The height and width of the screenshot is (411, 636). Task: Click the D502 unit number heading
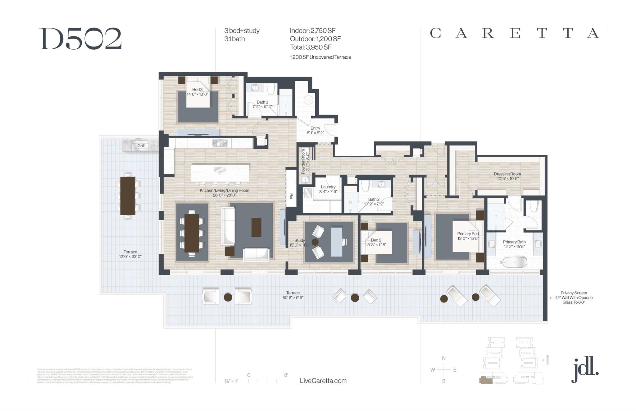(x=80, y=39)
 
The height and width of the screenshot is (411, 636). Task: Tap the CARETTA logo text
(x=514, y=33)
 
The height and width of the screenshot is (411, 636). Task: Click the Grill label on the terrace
(x=141, y=145)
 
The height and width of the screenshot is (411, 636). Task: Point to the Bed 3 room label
(x=197, y=90)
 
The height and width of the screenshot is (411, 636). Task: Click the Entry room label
(x=315, y=128)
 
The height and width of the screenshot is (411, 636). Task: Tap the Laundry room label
(x=328, y=187)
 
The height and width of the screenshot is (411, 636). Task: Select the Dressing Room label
(x=507, y=174)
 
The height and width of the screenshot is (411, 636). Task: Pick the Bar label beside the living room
(x=291, y=196)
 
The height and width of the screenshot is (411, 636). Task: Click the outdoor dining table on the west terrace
(x=128, y=196)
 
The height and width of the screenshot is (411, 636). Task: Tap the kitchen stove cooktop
(x=220, y=143)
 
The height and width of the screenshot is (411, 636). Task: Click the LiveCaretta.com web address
(x=323, y=381)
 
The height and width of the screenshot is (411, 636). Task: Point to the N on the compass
(x=444, y=358)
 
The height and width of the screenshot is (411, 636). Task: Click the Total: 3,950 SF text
(x=311, y=47)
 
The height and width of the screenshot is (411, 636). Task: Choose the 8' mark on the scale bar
(x=286, y=375)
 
